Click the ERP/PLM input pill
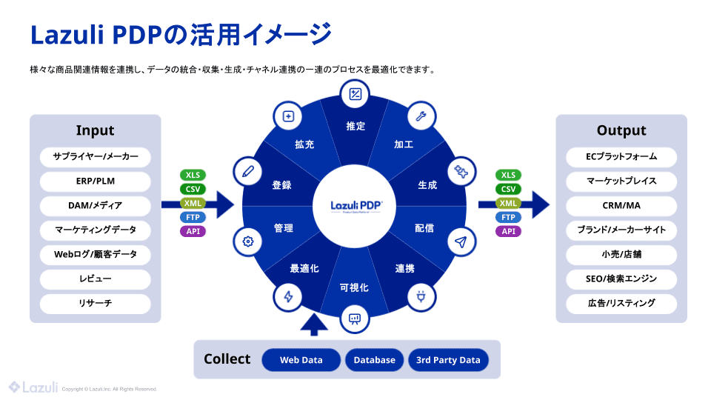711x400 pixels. coord(95,181)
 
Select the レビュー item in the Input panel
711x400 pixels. coord(95,279)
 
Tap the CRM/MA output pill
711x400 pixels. coord(621,206)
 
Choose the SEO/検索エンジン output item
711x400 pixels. coord(621,279)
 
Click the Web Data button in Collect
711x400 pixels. coord(301,360)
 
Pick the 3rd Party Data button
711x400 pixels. coord(448,360)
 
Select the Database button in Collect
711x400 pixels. coord(374,360)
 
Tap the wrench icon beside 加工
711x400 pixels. coord(420,116)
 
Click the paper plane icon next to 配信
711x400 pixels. coord(461,241)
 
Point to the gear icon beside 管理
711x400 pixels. coord(247,241)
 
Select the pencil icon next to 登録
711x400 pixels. coord(247,170)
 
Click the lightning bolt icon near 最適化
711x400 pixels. coord(287,297)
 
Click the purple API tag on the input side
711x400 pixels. coord(193,231)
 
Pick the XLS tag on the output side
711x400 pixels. coord(508,176)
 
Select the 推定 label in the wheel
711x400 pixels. coord(355,127)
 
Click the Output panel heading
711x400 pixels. coord(621,130)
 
